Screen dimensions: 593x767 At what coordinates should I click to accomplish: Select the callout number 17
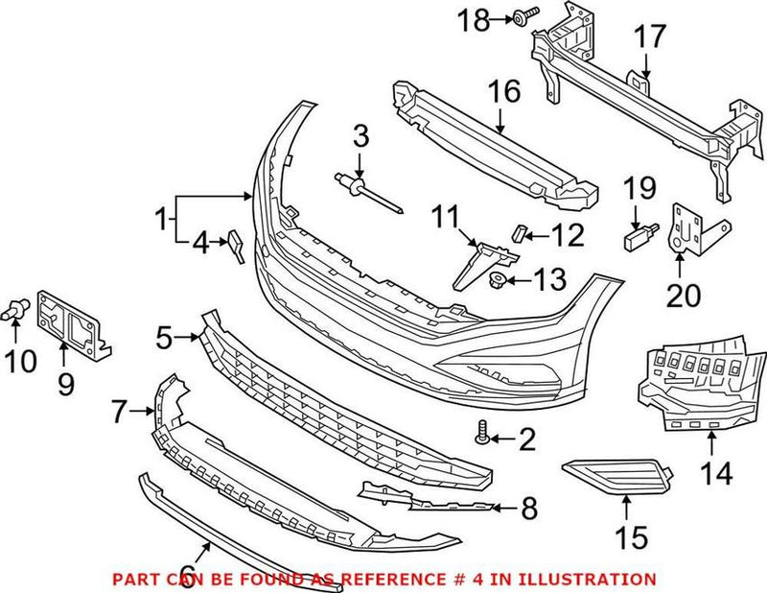[x=648, y=37]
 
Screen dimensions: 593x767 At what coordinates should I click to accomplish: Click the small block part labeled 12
[x=519, y=230]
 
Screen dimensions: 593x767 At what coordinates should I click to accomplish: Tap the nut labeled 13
[x=499, y=280]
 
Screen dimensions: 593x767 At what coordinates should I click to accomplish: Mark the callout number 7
[x=119, y=414]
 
